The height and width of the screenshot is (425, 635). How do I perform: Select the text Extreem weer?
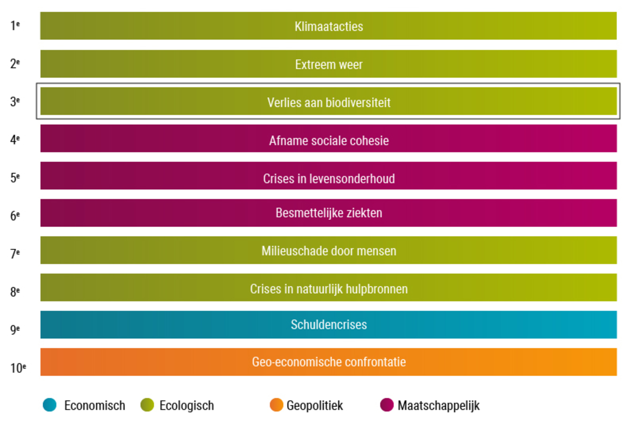pos(329,64)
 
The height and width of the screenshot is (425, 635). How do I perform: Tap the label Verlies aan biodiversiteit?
pos(329,102)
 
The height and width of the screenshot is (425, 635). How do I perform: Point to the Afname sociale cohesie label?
pos(329,141)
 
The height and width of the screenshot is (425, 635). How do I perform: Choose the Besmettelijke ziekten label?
pos(329,213)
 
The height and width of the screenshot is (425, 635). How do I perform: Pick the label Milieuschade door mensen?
pos(329,251)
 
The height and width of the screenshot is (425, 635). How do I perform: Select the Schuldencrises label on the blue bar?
pos(329,324)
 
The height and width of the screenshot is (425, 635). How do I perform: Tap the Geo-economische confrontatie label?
pos(329,362)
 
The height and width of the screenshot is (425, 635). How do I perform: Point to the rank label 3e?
pos(15,102)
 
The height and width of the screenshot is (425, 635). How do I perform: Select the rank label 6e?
pos(15,216)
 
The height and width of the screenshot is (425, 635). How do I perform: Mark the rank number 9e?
pos(15,329)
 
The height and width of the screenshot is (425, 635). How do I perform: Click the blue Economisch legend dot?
pos(50,405)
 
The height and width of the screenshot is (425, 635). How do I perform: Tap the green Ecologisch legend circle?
pos(147,405)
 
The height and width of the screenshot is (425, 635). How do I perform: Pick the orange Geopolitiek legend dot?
pos(276,405)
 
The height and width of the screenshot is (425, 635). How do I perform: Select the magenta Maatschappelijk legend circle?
pos(387,405)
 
